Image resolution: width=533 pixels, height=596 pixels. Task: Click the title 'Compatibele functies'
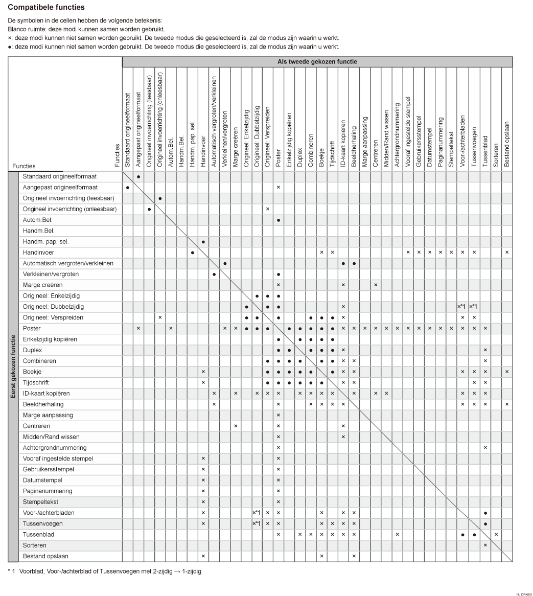click(x=46, y=8)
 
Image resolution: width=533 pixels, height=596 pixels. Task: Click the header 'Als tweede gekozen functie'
click(x=317, y=62)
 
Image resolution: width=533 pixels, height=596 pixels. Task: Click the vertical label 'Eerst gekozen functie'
click(x=13, y=366)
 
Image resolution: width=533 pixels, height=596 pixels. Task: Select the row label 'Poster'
click(x=32, y=328)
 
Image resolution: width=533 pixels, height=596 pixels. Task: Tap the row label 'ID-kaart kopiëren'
click(x=46, y=394)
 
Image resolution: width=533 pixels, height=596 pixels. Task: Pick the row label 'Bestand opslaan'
click(x=45, y=556)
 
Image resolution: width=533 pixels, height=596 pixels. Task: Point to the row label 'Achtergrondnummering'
click(x=51, y=448)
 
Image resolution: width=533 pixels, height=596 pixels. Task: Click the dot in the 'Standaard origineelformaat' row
click(x=138, y=176)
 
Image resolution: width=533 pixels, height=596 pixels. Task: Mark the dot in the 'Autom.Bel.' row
click(x=279, y=220)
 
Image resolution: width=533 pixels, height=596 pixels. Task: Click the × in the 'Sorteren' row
click(x=485, y=545)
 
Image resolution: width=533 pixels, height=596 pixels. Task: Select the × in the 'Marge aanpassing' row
click(x=279, y=415)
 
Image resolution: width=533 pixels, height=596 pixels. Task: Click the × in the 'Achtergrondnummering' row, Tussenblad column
click(x=485, y=448)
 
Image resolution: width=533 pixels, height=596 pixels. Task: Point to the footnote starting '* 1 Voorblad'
click(x=104, y=571)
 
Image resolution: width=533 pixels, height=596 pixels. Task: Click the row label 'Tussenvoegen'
click(x=40, y=523)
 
